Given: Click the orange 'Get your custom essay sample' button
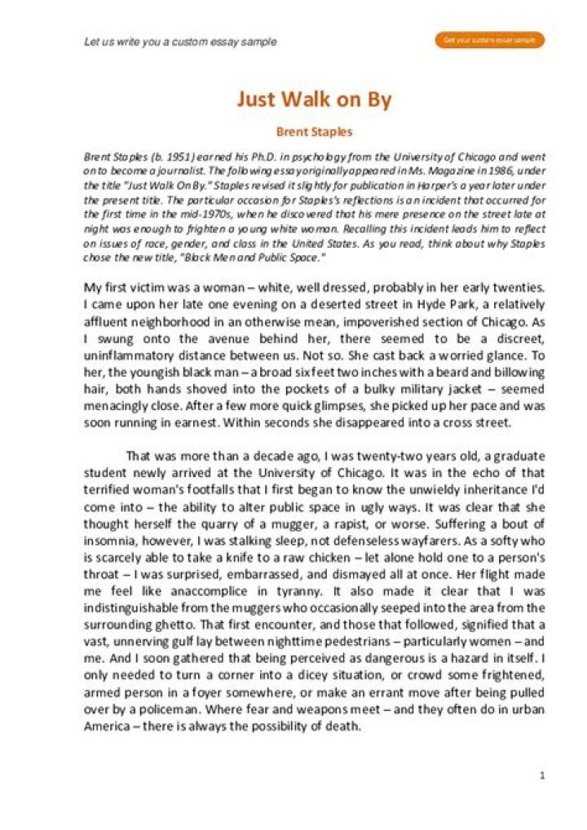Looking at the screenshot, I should [489, 40].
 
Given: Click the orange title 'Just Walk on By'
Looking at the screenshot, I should [314, 99].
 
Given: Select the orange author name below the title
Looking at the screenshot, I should [314, 130].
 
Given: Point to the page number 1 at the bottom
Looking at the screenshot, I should [542, 775].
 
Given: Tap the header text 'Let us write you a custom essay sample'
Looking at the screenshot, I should [180, 42].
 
